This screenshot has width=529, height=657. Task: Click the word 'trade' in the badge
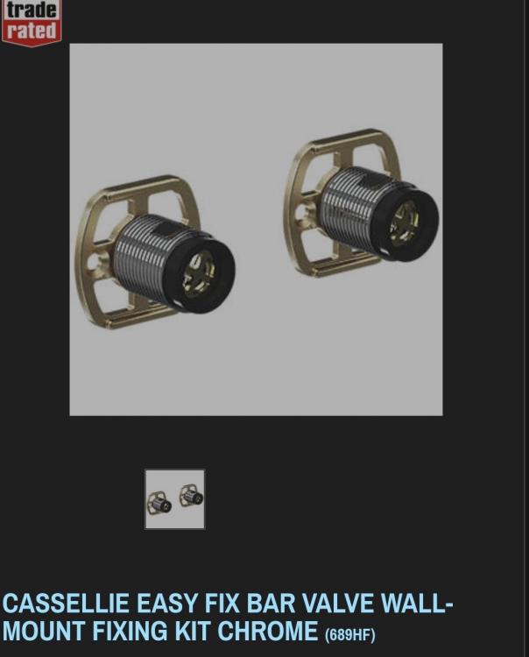32,10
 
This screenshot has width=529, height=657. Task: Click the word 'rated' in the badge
32,31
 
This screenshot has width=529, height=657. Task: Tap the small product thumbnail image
175,499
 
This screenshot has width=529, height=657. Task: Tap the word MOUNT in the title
44,631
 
